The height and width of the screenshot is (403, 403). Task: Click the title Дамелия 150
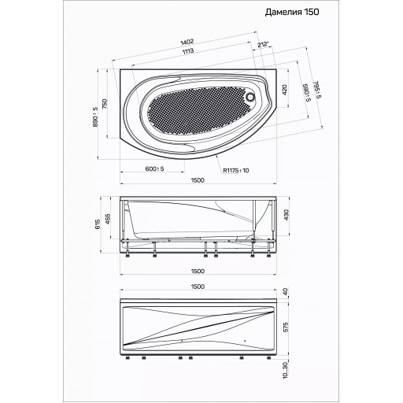click(292, 12)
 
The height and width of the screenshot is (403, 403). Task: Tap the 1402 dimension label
click(187, 42)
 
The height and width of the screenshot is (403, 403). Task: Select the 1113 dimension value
click(188, 51)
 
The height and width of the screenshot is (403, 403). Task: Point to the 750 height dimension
click(105, 105)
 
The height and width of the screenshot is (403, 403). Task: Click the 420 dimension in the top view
click(285, 90)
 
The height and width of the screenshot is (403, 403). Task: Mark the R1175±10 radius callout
click(236, 171)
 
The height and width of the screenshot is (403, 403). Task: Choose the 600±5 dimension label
click(154, 168)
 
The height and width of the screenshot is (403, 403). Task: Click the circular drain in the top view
click(250, 97)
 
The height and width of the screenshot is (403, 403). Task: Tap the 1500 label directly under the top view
click(198, 180)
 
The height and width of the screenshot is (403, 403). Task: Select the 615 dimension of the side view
click(98, 224)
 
